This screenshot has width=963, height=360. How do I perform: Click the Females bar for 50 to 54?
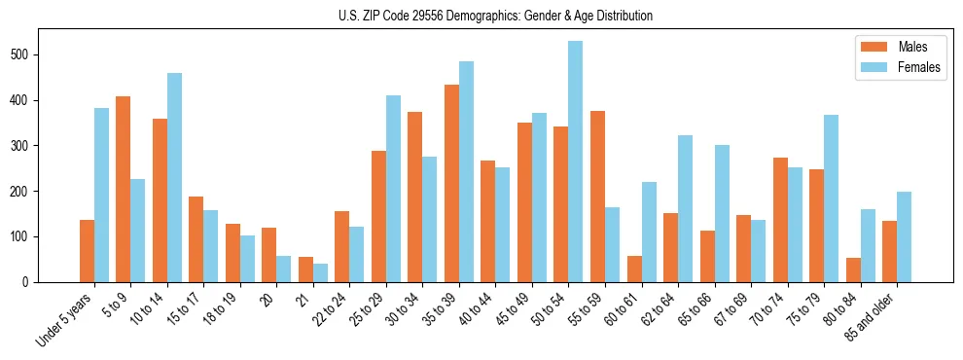tap(575, 162)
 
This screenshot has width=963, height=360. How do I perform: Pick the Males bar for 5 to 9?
tap(123, 189)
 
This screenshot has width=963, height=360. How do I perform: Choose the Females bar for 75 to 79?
tap(831, 198)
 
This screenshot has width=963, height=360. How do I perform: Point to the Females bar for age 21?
tap(320, 272)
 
